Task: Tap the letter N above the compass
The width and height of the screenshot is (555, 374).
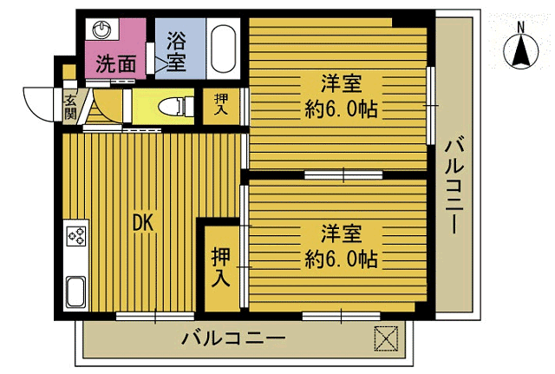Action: pyautogui.click(x=521, y=27)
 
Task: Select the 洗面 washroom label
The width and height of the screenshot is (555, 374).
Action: pyautogui.click(x=115, y=63)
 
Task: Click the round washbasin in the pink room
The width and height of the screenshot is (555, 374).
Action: pyautogui.click(x=104, y=30)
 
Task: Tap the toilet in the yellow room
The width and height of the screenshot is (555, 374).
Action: pyautogui.click(x=173, y=107)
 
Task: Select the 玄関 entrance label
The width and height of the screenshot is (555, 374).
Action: pyautogui.click(x=70, y=107)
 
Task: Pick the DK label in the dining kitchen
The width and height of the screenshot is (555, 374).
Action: pyautogui.click(x=142, y=224)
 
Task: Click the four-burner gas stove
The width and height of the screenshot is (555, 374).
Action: pyautogui.click(x=75, y=237)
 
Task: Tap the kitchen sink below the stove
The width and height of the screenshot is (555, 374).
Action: pyautogui.click(x=75, y=292)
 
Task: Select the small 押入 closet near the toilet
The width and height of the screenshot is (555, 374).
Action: pyautogui.click(x=221, y=106)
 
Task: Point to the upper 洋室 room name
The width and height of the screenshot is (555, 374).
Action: pyautogui.click(x=340, y=84)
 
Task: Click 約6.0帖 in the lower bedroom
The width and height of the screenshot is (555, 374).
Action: pyautogui.click(x=340, y=259)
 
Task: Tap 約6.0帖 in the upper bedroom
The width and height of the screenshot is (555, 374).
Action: pyautogui.click(x=340, y=110)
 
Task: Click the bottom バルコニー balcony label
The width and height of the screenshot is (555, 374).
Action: pyautogui.click(x=233, y=339)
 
